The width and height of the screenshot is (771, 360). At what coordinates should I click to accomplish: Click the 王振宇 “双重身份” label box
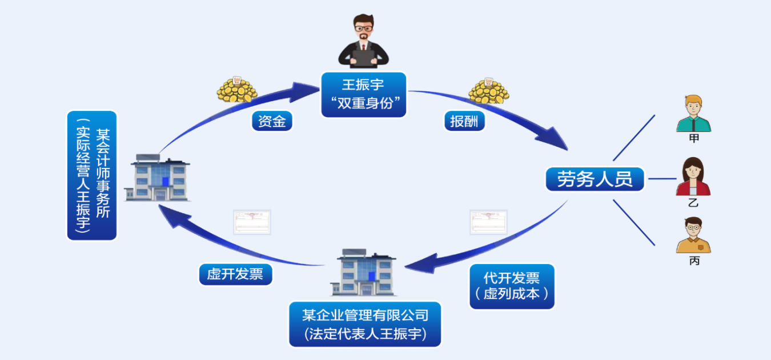coord(364,94)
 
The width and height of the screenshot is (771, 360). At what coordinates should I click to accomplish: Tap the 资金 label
coord(272,121)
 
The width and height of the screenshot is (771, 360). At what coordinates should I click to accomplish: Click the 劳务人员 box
coord(595,179)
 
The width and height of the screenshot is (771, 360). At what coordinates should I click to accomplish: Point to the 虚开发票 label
coord(235,274)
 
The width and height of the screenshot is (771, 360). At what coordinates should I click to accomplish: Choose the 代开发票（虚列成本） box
coord(512,286)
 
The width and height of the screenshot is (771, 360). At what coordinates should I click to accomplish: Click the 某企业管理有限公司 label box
coord(365,323)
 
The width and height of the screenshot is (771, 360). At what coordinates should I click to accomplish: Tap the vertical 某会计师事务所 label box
coord(92,175)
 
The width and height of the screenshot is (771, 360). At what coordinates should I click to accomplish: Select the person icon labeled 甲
coord(693,114)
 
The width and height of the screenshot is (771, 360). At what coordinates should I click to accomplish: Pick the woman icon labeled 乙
coord(693,177)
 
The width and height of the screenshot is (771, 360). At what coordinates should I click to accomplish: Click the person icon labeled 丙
coord(693,235)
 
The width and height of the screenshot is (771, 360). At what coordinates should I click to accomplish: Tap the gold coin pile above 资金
coord(236,90)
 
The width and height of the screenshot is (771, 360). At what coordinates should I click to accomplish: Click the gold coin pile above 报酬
coord(488,90)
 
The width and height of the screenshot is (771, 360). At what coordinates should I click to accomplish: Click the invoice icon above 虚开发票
coord(252,222)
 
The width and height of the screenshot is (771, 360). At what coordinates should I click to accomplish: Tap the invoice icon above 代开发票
coord(488,222)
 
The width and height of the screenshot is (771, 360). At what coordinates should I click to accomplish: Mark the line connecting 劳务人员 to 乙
coord(662,179)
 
